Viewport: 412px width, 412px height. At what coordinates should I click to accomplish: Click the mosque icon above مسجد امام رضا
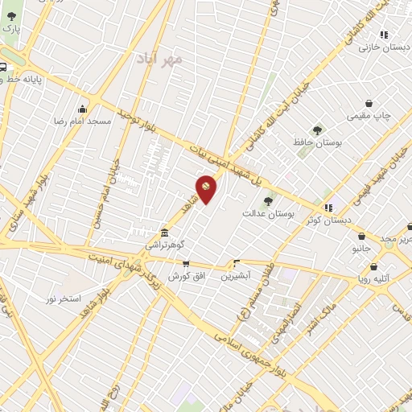[82, 109]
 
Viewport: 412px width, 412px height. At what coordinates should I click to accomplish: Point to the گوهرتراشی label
[165, 243]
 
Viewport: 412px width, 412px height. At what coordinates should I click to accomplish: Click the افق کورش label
[185, 275]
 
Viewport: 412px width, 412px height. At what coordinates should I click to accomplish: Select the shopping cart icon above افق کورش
[186, 263]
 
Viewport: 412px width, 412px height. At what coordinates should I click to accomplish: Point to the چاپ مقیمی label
[370, 116]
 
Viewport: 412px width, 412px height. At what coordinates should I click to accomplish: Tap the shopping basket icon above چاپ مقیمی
[369, 104]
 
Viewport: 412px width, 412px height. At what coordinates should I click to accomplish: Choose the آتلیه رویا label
[374, 278]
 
